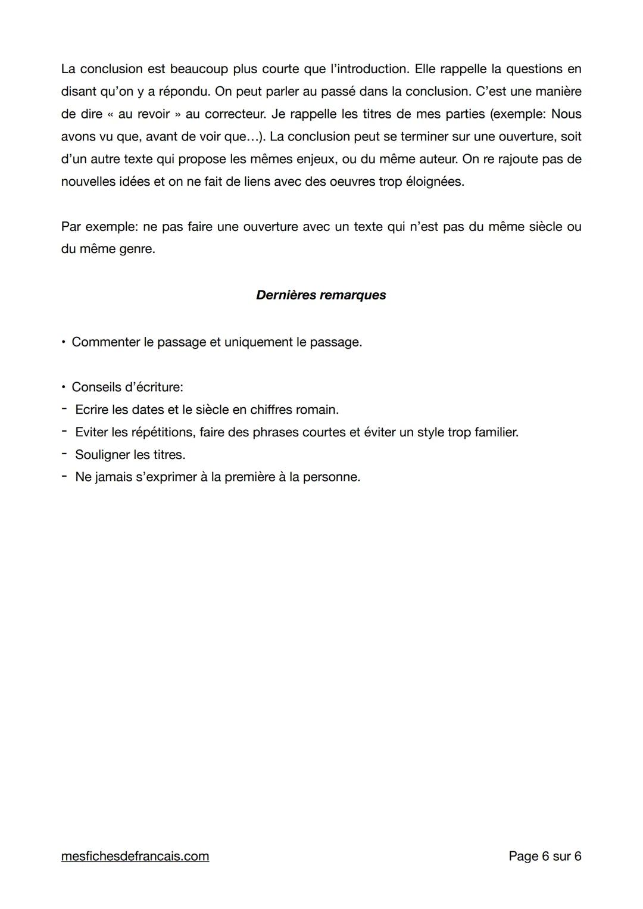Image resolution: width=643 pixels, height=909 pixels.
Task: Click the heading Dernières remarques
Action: [x=321, y=295]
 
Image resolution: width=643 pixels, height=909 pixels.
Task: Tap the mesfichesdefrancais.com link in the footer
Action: [x=135, y=856]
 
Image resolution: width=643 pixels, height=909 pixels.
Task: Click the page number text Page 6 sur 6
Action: [x=545, y=856]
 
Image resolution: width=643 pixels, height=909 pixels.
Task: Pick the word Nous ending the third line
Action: [x=566, y=114]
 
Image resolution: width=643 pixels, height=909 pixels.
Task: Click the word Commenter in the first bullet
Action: [x=105, y=342]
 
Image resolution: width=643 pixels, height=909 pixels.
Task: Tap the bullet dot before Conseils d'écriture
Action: [x=63, y=387]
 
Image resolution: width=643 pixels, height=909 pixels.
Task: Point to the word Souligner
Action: [x=102, y=455]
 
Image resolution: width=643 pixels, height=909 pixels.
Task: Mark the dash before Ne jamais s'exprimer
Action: [x=64, y=477]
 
